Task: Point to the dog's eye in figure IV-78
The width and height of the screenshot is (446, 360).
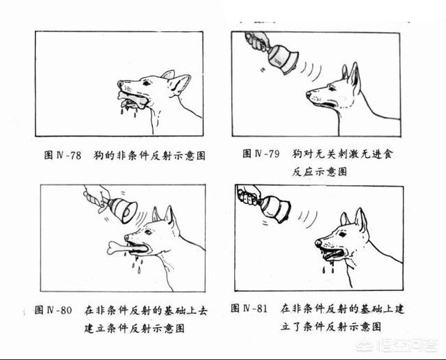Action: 145,82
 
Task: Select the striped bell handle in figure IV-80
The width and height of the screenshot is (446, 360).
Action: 92,198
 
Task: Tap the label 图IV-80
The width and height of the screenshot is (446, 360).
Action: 54,309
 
